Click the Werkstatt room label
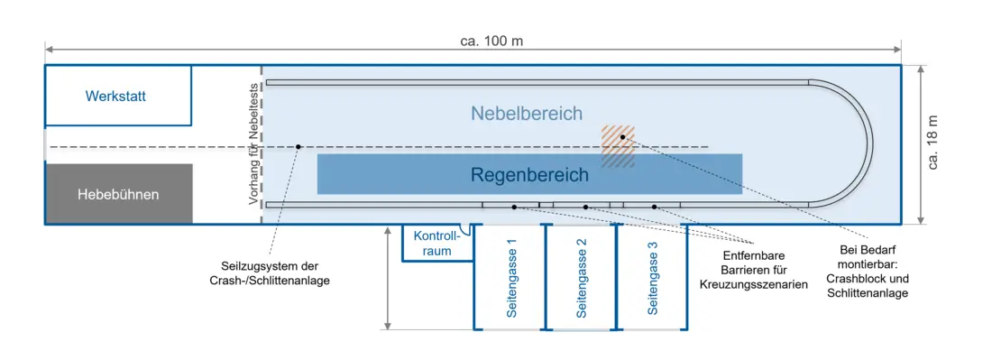[x=115, y=97]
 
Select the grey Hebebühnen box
[x=119, y=194]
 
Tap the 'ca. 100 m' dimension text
[x=491, y=42]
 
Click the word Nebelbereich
[x=527, y=114]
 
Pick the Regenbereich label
[x=528, y=175]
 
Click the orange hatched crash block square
[x=618, y=146]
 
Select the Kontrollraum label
[x=435, y=244]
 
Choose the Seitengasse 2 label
[x=582, y=278]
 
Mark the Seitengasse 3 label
[x=653, y=278]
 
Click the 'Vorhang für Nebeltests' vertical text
[x=253, y=143]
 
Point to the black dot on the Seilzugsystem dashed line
[x=299, y=147]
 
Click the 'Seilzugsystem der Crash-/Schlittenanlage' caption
[x=271, y=273]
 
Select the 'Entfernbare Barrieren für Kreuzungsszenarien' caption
[x=754, y=270]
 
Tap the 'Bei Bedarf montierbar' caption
[x=868, y=271]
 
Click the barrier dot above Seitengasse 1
[x=514, y=207]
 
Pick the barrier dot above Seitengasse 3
[x=655, y=207]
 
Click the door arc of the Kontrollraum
[x=465, y=230]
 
